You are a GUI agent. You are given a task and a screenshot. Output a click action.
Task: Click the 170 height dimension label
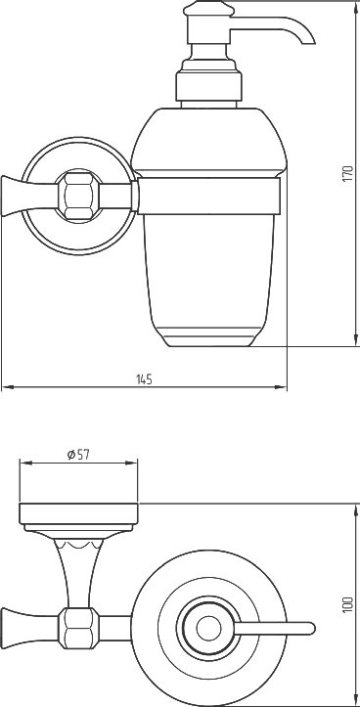(x=347, y=174)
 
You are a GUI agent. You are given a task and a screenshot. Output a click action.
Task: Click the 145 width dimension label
(x=145, y=379)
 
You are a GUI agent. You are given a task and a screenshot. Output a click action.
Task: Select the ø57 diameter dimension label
(x=78, y=455)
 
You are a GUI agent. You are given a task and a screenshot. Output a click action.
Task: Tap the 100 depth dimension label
(x=347, y=604)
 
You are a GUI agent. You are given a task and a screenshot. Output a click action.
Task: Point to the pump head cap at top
(x=208, y=8)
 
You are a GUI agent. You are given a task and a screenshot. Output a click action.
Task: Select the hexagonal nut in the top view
(x=78, y=628)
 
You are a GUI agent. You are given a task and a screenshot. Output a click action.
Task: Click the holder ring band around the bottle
(x=209, y=196)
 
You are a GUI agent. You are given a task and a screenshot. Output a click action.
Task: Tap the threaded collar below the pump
(x=208, y=86)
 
